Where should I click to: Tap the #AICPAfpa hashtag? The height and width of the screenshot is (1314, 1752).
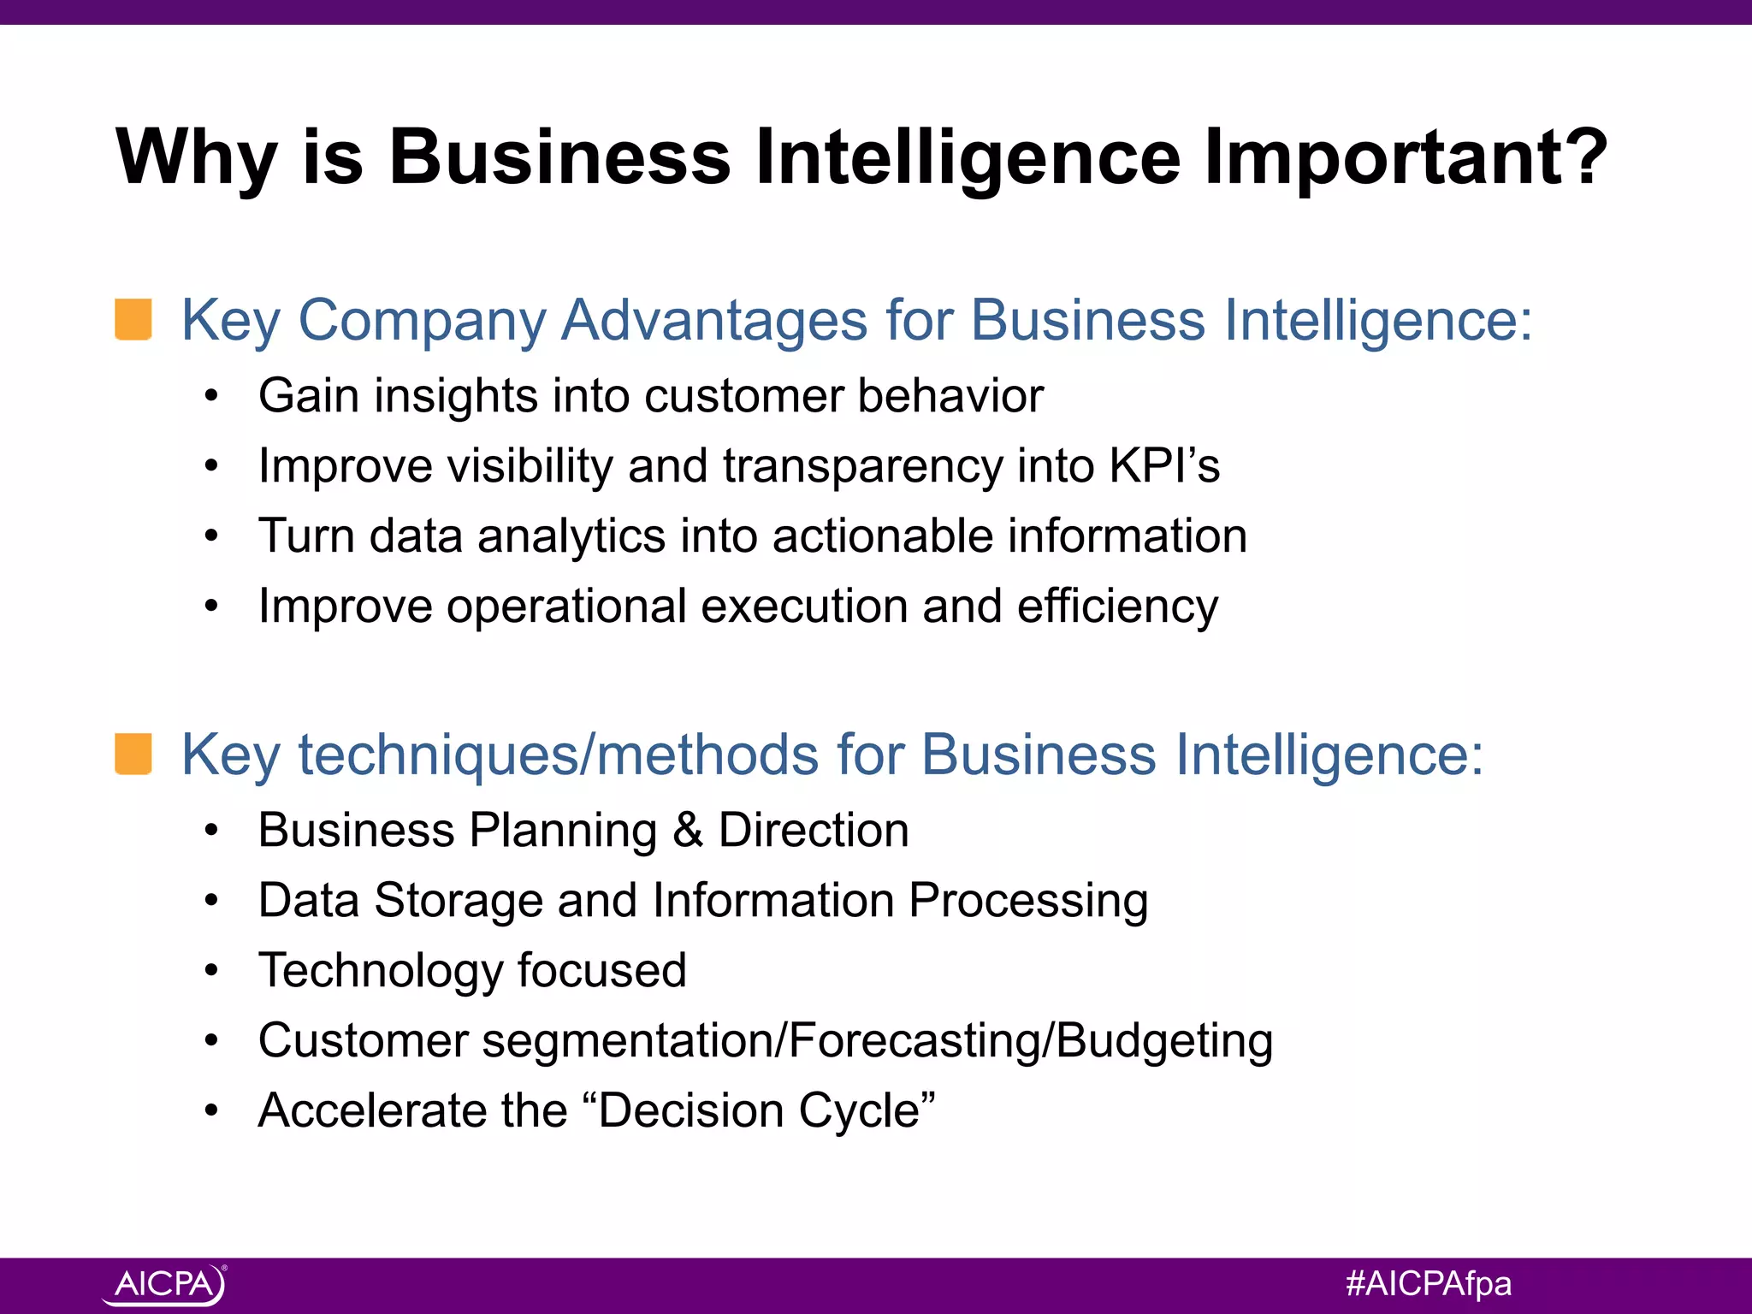pos(1428,1283)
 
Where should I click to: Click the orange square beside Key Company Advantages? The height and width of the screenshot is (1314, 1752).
pos(133,319)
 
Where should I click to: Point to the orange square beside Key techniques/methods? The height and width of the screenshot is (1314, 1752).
pos(133,754)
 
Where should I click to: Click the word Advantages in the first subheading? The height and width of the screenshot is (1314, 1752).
pos(714,321)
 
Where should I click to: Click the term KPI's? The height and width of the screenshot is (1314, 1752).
pos(1163,466)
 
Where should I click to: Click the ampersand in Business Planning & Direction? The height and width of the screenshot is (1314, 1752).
pos(688,831)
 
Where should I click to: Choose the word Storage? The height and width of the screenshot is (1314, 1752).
pos(458,901)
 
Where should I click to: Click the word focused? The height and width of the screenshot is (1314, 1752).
pos(601,971)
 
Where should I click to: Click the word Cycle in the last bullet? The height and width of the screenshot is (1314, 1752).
pos(865,1111)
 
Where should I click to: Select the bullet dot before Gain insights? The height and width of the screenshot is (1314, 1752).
pos(211,397)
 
